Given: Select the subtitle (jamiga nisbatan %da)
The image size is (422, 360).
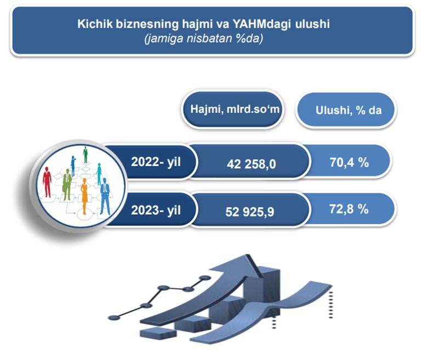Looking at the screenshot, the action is [x=204, y=38].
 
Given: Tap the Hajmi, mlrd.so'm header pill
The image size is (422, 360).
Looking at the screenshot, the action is [x=232, y=109].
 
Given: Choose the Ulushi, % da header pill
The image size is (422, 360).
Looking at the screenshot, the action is [x=346, y=110].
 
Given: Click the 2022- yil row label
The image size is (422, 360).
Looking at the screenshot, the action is [x=156, y=162].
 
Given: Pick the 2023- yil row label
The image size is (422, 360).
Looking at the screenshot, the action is [x=156, y=210].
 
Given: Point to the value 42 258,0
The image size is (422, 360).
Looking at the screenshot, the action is [x=252, y=164].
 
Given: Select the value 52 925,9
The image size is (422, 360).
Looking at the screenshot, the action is [x=250, y=212].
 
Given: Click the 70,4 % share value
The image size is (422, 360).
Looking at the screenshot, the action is [x=349, y=162].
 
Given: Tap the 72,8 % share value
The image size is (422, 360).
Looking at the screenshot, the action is [x=349, y=209].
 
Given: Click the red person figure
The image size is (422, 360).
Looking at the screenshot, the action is [x=47, y=182].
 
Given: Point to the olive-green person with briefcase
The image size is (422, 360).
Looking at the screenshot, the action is [x=67, y=184].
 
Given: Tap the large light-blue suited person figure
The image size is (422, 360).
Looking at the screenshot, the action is [x=105, y=196].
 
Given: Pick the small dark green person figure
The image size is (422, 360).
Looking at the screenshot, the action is [x=85, y=155].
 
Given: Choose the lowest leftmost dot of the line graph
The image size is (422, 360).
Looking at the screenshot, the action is [x=114, y=318].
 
